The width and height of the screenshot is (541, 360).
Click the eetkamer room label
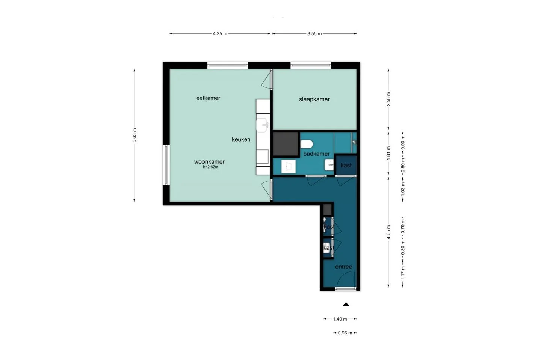[208, 98]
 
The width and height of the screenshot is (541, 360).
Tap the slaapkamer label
[314, 99]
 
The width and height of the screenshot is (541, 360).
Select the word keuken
[241, 139]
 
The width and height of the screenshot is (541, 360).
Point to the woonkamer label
[209, 162]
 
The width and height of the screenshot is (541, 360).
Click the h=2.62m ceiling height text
[210, 167]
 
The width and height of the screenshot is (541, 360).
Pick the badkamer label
[316, 154]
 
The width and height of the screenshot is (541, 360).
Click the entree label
[343, 267]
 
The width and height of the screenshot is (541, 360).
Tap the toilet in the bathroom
[307, 144]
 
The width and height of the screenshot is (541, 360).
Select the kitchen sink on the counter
[263, 125]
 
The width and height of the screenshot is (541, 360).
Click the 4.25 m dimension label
[220, 33]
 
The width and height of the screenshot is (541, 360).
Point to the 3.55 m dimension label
[314, 33]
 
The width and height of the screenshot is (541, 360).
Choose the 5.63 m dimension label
[134, 135]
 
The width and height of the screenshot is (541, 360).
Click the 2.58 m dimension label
[388, 99]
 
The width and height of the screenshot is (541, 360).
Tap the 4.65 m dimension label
[388, 232]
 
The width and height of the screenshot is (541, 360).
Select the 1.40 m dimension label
[340, 319]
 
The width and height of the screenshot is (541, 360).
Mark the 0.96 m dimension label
[345, 333]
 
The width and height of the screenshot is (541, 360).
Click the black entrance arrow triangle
[346, 304]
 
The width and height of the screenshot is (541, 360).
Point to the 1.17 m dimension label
[403, 273]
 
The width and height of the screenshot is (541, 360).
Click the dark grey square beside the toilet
[285, 144]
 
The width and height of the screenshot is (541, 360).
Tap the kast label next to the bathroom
[346, 165]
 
